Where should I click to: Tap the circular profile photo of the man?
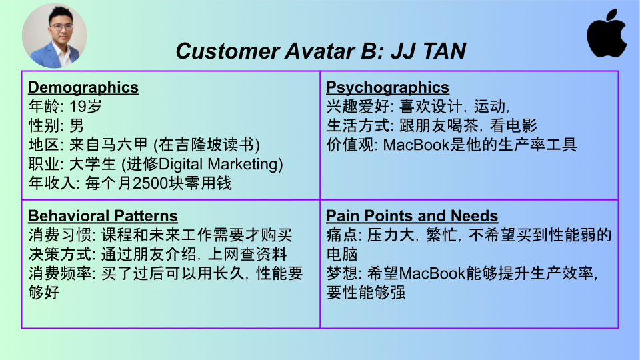[54, 35]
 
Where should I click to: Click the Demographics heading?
[83, 87]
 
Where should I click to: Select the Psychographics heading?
[387, 87]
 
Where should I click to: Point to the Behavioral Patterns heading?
[103, 215]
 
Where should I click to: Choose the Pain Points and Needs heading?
[412, 215]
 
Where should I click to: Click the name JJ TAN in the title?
[428, 51]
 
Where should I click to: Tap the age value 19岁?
[85, 107]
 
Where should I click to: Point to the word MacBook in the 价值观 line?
[416, 145]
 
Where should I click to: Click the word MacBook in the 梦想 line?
[432, 273]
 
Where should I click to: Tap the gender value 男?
[77, 126]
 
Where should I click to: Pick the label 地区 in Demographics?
[44, 145]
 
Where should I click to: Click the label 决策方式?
[60, 254]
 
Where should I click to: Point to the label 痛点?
[342, 235]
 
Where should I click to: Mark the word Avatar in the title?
[319, 51]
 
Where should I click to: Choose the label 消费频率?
[60, 273]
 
